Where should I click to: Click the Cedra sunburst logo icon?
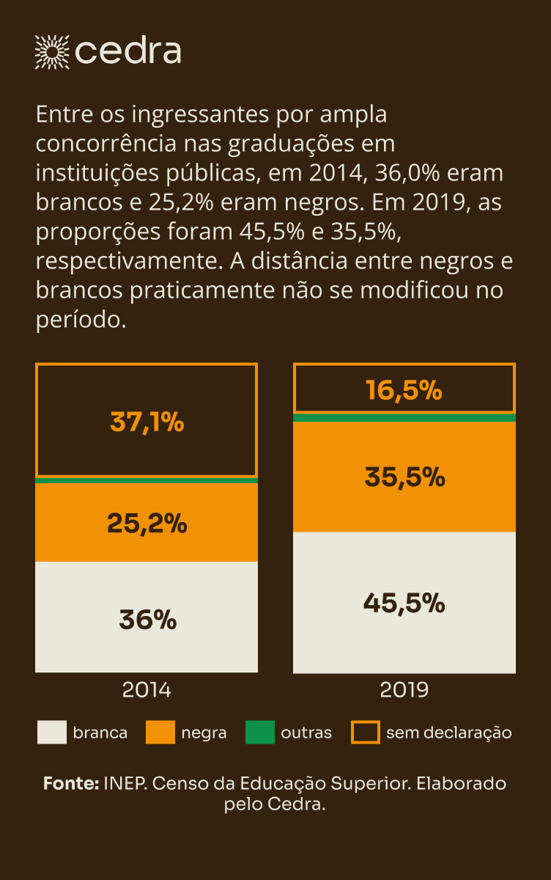pyautogui.click(x=52, y=51)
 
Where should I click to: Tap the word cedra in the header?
pyautogui.click(x=128, y=51)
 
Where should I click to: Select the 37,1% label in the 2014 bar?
pyautogui.click(x=147, y=422)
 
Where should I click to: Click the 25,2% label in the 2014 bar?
pyautogui.click(x=147, y=523)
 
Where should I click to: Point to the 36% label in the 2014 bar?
pyautogui.click(x=147, y=620)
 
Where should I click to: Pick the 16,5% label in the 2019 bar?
pyautogui.click(x=404, y=390)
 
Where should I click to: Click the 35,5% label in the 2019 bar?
pyautogui.click(x=404, y=477)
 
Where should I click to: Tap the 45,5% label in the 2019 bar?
pyautogui.click(x=404, y=604)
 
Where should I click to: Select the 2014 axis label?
pyautogui.click(x=147, y=691)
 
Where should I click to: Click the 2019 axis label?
pyautogui.click(x=404, y=691)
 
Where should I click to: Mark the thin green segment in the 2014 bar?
pyautogui.click(x=147, y=480)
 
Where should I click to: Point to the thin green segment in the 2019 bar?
pyautogui.click(x=404, y=417)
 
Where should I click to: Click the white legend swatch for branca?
pyautogui.click(x=52, y=733)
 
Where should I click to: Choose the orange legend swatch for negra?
pyautogui.click(x=160, y=733)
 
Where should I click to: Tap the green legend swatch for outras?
pyautogui.click(x=260, y=733)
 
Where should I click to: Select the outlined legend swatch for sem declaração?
pyautogui.click(x=366, y=733)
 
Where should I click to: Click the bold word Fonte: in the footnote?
pyautogui.click(x=71, y=783)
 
